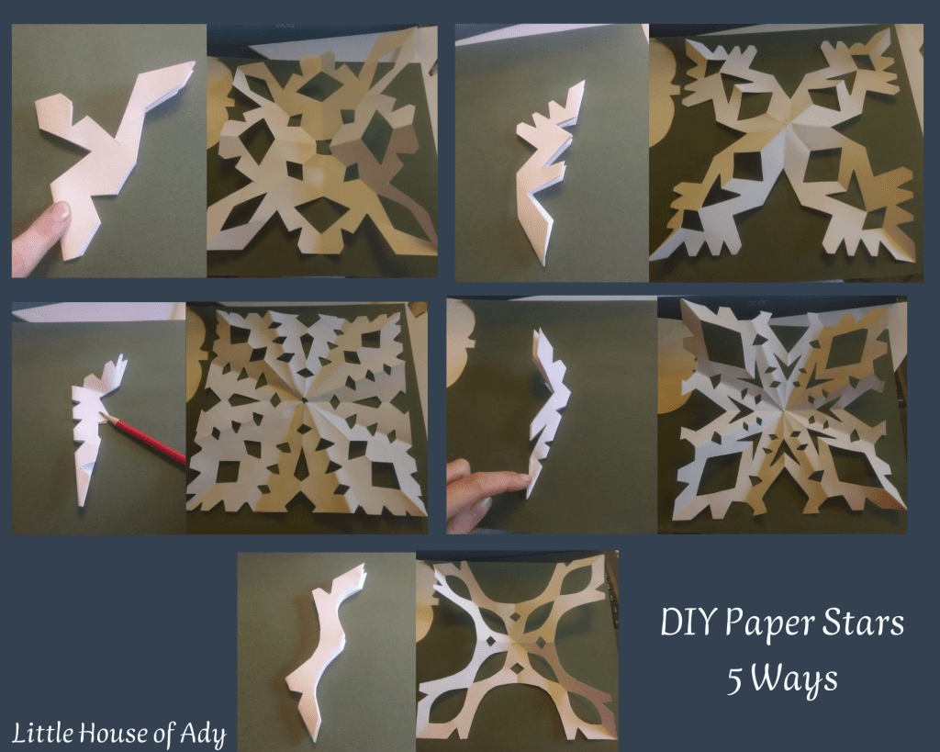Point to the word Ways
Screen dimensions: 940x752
(795, 681)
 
